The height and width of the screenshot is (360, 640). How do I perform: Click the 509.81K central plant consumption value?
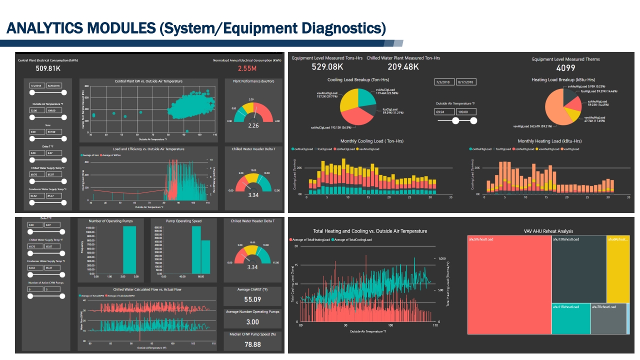pyautogui.click(x=48, y=68)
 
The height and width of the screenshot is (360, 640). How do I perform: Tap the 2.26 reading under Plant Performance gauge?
pyautogui.click(x=253, y=126)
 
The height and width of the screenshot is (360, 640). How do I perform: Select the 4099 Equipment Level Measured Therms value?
pyautogui.click(x=565, y=68)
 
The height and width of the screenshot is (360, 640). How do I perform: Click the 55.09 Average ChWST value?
pyautogui.click(x=253, y=299)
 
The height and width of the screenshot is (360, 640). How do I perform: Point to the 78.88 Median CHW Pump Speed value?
pyautogui.click(x=253, y=344)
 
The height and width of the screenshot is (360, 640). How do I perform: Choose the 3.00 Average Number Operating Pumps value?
pyautogui.click(x=253, y=322)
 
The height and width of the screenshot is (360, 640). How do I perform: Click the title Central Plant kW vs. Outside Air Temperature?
pyautogui.click(x=148, y=81)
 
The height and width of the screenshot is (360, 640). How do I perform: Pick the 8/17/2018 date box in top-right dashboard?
pyautogui.click(x=465, y=81)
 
